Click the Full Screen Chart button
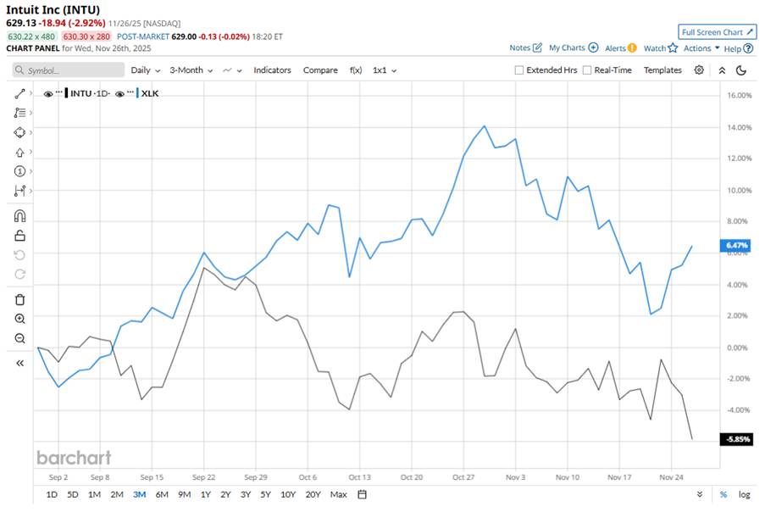[717, 32]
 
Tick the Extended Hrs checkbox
[519, 70]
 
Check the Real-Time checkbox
[587, 70]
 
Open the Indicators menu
[272, 70]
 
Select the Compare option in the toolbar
[320, 70]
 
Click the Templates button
[662, 70]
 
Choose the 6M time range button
[162, 494]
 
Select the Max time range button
[338, 494]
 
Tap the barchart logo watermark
[74, 458]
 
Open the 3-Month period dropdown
[191, 70]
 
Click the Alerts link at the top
[616, 48]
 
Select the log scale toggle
[745, 494]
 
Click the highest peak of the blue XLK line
[484, 126]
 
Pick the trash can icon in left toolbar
[20, 299]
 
